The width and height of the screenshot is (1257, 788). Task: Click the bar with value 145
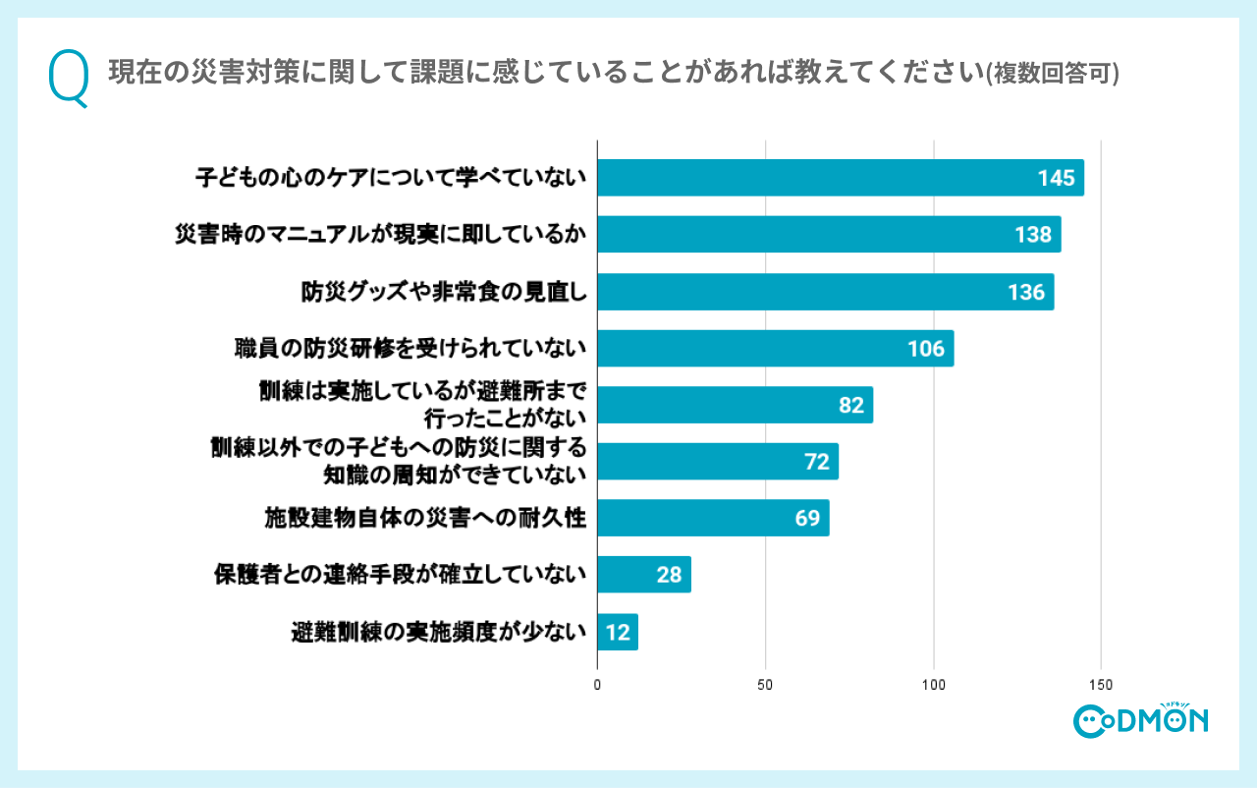pos(840,178)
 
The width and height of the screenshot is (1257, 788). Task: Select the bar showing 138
pos(829,235)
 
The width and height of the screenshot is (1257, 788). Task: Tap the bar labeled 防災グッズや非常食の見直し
pos(825,292)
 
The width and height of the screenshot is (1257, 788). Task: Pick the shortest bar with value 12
pos(617,633)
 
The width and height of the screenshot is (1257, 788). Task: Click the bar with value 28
pos(643,575)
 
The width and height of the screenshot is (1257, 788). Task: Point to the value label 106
pos(925,349)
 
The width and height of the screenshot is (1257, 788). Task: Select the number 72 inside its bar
pos(817,462)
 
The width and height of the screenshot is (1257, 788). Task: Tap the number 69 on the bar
pos(807,519)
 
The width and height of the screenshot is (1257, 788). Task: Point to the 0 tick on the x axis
pos(597,685)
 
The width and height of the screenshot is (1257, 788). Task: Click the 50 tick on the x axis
pos(765,685)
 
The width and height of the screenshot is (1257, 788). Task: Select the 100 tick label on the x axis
pos(933,685)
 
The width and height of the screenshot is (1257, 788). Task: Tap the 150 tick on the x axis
pos(1101,685)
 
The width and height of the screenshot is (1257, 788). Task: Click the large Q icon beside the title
pos(68,79)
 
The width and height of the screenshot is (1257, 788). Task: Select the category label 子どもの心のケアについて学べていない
pos(390,178)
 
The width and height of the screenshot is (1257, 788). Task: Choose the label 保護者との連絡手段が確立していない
pos(400,575)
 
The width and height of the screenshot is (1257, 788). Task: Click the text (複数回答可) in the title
pos(1053,75)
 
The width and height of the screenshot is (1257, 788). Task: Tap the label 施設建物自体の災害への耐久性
pos(425,519)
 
